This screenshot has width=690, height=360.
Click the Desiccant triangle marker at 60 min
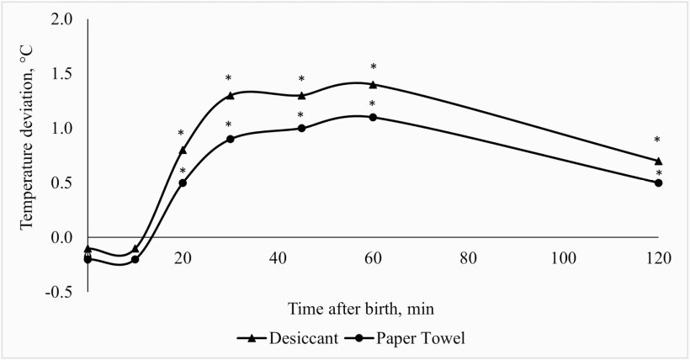click(373, 84)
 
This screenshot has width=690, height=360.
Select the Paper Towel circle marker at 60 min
click(373, 117)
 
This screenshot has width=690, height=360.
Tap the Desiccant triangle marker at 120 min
click(658, 161)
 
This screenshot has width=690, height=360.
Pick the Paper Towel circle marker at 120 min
click(658, 183)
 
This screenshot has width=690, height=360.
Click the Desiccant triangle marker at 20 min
click(183, 150)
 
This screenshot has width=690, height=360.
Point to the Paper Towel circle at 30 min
click(230, 139)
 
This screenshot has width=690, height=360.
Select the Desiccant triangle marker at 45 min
click(301, 95)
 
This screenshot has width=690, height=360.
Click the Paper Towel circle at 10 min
click(135, 259)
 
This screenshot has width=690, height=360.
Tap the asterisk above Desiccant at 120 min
click(658, 141)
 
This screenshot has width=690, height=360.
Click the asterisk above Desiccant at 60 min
click(373, 67)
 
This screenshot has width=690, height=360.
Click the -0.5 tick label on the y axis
click(60, 292)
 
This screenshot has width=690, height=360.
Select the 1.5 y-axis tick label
click(62, 74)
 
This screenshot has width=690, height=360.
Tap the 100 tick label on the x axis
click(563, 259)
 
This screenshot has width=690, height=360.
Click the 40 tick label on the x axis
click(278, 259)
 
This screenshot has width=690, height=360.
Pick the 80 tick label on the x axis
click(468, 259)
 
